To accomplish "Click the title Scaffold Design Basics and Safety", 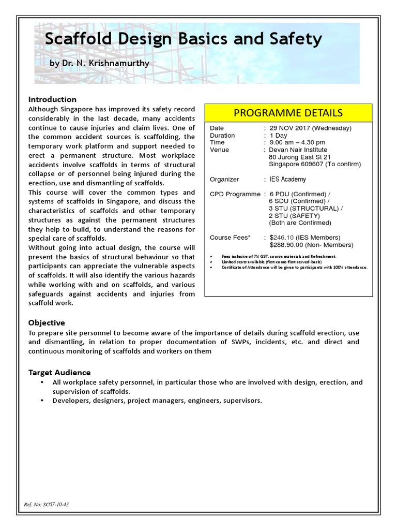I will (x=184, y=39).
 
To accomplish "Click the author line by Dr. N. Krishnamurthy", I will (x=99, y=63).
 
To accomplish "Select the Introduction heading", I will (x=52, y=99).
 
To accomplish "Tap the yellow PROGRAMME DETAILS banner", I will (x=288, y=112).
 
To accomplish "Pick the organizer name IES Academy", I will (x=287, y=179).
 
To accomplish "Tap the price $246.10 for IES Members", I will (x=282, y=238).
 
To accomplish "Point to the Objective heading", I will (x=47, y=322).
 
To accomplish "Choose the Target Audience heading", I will (x=59, y=372).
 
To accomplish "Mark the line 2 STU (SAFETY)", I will (x=294, y=215).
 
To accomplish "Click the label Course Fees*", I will (x=230, y=238).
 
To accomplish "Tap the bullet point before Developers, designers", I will (x=41, y=401).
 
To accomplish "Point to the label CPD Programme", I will (x=235, y=194).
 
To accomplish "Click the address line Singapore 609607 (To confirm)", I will (x=315, y=164).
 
